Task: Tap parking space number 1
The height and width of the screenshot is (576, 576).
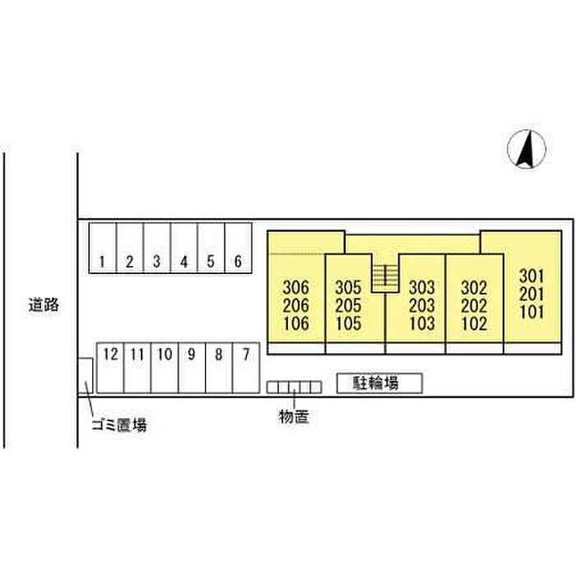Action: [102, 262]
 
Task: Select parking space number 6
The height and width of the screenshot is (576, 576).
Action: [237, 262]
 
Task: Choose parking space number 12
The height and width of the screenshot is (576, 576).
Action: [111, 355]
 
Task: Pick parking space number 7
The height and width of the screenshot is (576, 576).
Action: [245, 355]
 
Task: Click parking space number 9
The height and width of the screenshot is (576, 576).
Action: [192, 355]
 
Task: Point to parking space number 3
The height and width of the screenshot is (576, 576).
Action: [156, 262]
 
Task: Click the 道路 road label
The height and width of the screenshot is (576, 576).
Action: [43, 305]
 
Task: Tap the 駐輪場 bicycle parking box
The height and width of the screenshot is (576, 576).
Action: [379, 383]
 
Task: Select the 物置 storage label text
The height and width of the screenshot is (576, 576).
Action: [294, 417]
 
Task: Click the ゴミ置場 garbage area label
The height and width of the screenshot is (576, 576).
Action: [119, 425]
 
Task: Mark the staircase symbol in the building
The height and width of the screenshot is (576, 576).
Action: [384, 277]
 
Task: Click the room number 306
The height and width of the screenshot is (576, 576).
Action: [295, 288]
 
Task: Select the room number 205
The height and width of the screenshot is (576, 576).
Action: [349, 305]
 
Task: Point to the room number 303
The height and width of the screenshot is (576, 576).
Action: [421, 288]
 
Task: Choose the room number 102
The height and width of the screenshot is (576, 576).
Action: [474, 323]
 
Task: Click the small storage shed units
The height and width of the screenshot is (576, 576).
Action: [293, 387]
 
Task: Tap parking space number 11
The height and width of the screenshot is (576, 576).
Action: [137, 355]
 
